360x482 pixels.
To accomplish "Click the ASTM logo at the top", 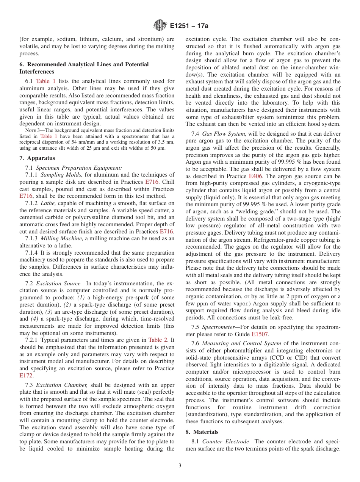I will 160,26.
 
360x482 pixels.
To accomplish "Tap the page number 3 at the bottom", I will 180,465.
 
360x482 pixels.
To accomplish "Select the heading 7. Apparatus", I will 37,158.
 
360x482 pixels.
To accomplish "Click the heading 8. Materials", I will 202,432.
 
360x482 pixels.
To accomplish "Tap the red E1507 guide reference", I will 260,334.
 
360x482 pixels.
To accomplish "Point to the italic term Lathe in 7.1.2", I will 48,203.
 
